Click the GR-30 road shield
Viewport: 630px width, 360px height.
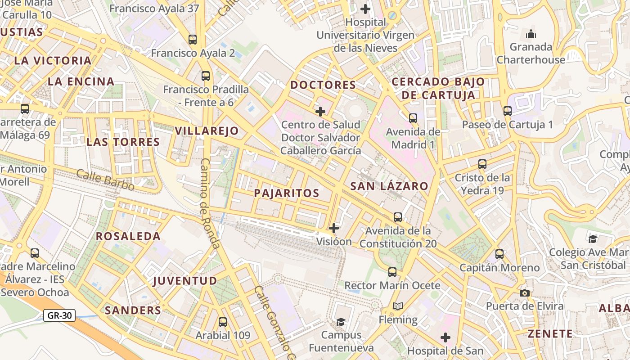59,315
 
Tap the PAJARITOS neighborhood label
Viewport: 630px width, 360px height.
287,193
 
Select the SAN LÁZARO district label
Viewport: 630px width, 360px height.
389,186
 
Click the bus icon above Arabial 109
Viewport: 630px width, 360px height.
223,322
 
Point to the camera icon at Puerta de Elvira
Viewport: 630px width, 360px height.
524,293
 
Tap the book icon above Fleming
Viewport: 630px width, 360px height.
398,306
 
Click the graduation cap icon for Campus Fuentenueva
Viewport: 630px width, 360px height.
341,322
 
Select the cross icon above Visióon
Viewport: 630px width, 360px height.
334,228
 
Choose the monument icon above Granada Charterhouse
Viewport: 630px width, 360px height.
531,34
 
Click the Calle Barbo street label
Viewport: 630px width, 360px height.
105,180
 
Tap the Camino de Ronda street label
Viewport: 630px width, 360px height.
210,203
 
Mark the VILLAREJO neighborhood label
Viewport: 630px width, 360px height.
207,131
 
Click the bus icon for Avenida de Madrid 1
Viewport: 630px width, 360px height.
413,118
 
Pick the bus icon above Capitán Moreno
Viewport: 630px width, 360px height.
499,254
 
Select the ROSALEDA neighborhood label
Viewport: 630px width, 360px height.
128,236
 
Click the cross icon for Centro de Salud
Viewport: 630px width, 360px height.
320,111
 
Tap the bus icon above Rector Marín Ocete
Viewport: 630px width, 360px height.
392,272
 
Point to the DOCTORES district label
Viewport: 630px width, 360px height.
323,85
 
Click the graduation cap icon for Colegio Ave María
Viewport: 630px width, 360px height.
593,238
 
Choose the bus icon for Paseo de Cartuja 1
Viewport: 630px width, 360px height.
508,111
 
